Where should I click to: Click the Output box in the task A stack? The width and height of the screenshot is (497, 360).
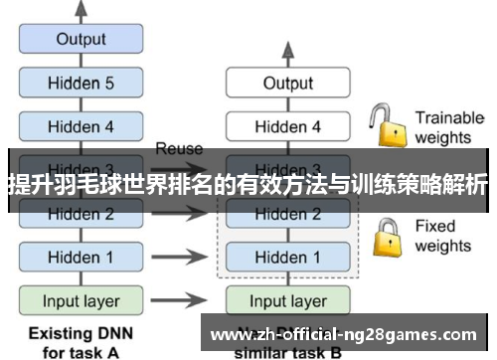point(81,40)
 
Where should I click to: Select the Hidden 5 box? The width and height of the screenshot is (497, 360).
point(81,84)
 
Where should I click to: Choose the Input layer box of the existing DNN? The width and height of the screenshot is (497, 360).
point(81,299)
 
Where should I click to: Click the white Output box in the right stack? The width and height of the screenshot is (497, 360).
point(287,84)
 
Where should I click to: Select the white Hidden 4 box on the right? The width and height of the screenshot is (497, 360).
point(287,126)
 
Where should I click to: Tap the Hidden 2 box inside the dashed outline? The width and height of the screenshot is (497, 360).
point(287,213)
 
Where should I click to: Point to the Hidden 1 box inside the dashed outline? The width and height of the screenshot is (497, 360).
point(287,257)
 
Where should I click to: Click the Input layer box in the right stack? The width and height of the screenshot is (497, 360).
point(287,299)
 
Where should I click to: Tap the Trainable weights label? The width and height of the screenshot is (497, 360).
point(448,126)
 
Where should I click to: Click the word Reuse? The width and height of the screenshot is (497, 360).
point(179,149)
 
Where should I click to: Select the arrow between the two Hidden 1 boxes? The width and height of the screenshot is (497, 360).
point(180,257)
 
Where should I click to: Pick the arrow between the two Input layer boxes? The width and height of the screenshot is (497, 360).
point(180,299)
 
